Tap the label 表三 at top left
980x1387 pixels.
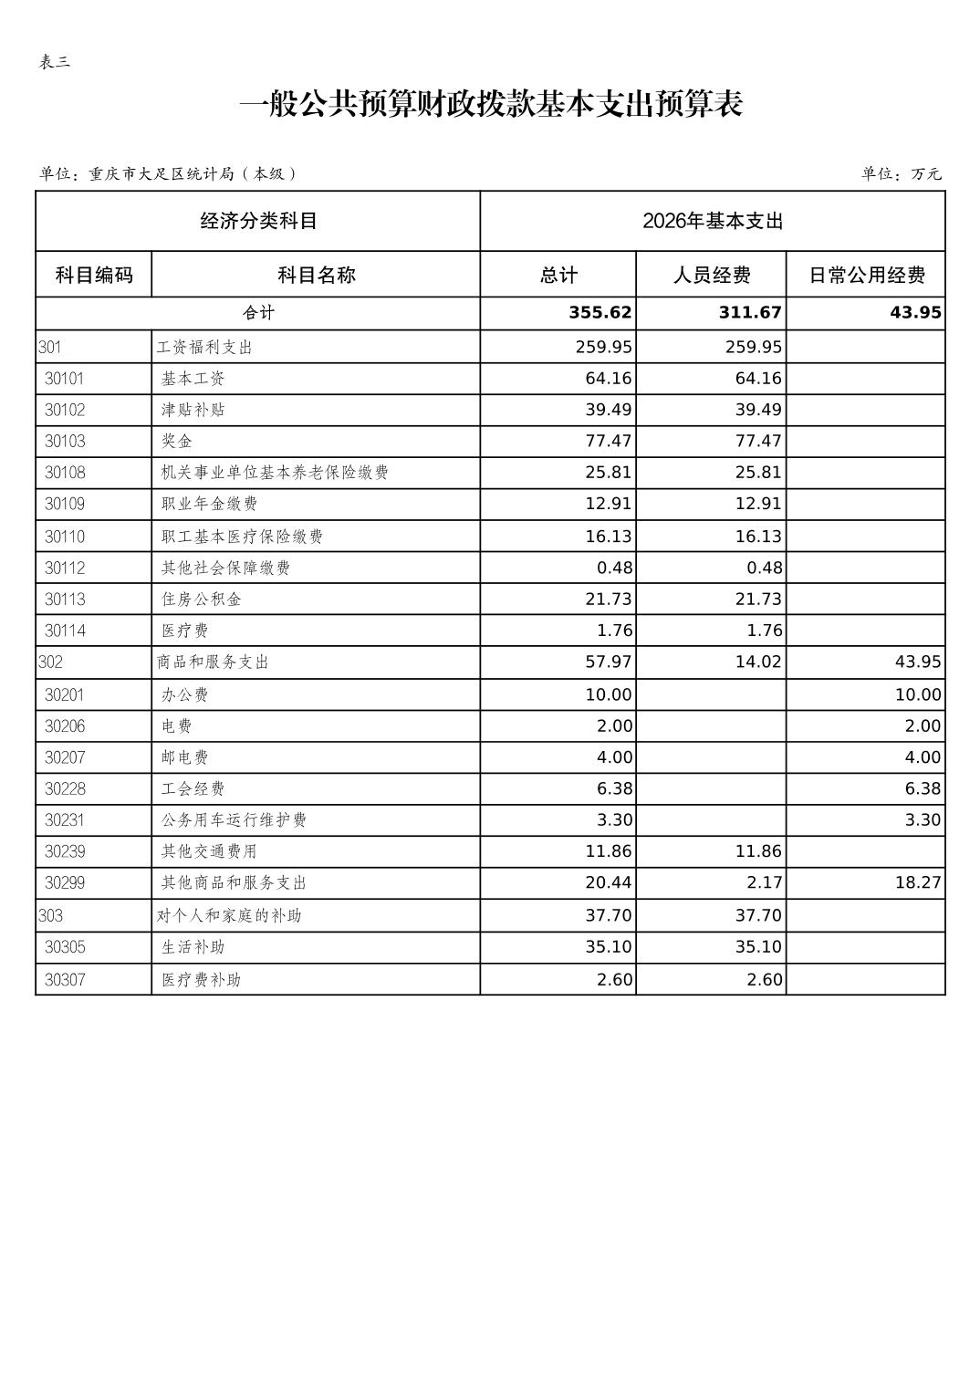pos(55,63)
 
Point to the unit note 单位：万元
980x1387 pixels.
pos(901,174)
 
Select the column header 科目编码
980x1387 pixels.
pos(94,275)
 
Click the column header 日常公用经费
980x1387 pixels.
pos(866,275)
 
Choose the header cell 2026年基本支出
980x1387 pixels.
pos(713,221)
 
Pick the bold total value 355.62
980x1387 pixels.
pos(599,313)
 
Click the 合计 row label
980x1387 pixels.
pos(258,313)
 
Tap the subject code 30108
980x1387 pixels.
pos(65,473)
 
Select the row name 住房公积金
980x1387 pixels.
pos(201,600)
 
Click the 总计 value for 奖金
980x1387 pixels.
pos(608,442)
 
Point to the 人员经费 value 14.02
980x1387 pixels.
pos(758,662)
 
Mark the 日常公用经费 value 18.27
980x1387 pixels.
pos(917,883)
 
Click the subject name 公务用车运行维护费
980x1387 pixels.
pos(234,820)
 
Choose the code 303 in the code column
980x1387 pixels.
pos(51,915)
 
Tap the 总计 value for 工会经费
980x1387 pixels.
pos(614,789)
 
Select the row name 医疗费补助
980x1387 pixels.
pos(201,980)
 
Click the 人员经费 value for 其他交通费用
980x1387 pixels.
pos(758,852)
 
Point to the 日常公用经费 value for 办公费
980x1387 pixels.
pos(917,695)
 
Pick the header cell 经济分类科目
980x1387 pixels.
pos(258,221)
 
